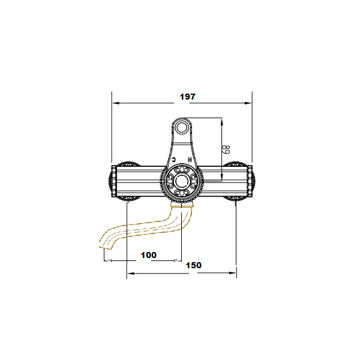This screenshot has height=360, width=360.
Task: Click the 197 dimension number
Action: pyautogui.click(x=188, y=97)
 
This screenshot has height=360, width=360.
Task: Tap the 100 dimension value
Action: pyautogui.click(x=149, y=255)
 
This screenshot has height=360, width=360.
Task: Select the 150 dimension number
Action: pyautogui.click(x=194, y=265)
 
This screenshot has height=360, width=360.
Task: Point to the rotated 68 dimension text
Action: pyautogui.click(x=226, y=149)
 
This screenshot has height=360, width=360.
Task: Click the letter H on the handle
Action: pyautogui.click(x=190, y=160)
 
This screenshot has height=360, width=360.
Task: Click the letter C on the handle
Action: pyautogui.click(x=174, y=160)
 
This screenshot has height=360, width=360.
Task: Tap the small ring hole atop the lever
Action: pyautogui.click(x=182, y=127)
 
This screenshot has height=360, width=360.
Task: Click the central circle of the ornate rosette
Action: pyautogui.click(x=182, y=181)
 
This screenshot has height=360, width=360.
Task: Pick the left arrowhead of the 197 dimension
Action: pyautogui.click(x=116, y=103)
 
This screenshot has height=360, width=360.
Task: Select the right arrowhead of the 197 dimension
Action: pyautogui.click(x=248, y=103)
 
